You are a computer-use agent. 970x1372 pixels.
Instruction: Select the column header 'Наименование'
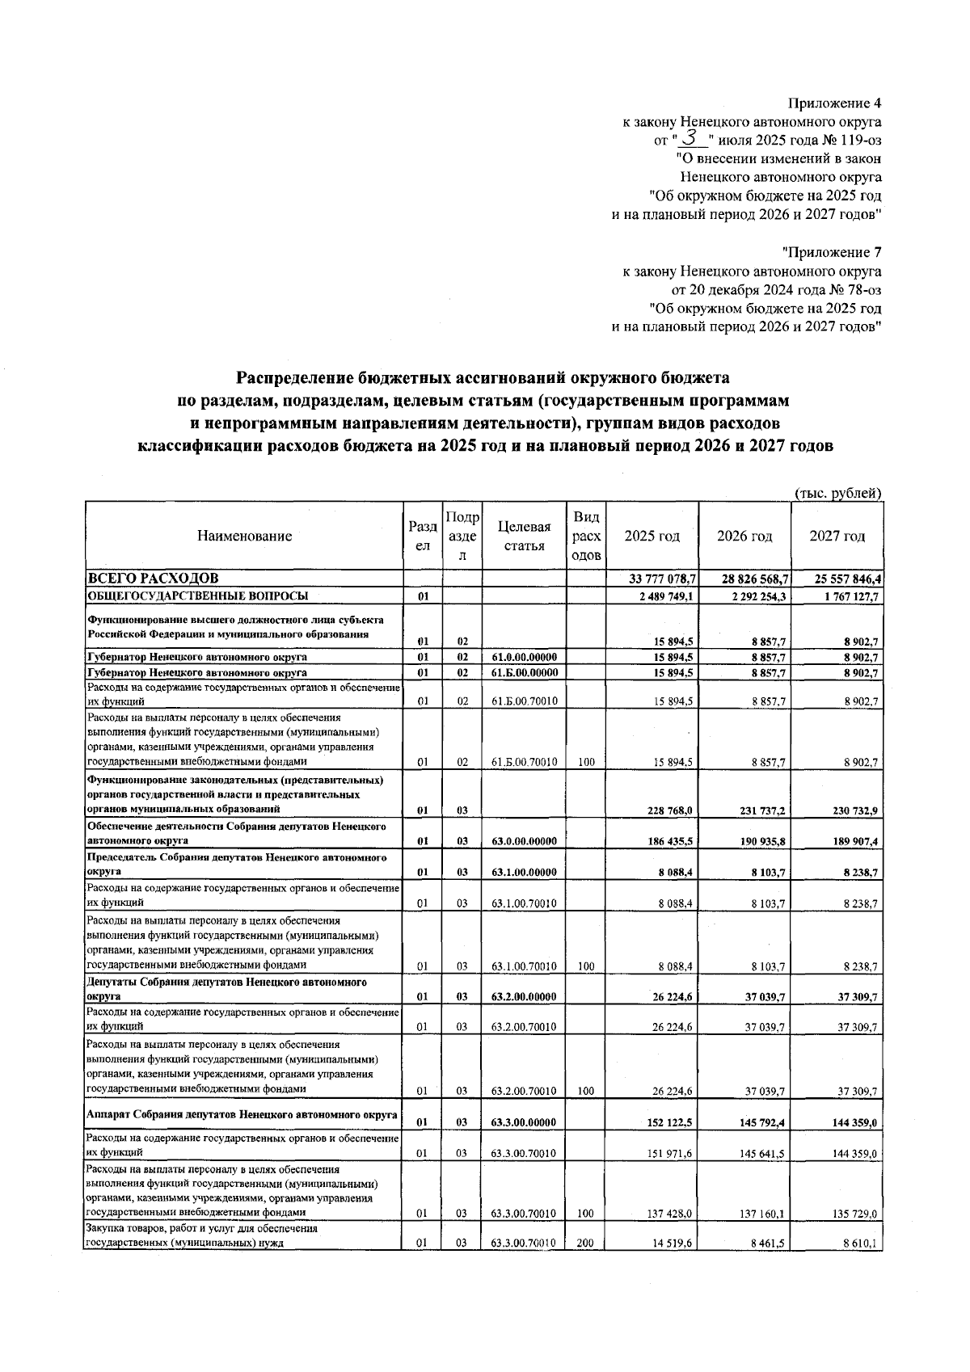[x=244, y=536]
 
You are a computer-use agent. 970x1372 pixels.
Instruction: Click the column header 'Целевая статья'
[x=524, y=536]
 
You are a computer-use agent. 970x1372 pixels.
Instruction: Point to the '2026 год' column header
[x=744, y=536]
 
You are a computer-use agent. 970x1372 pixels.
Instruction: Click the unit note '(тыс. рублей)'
[x=838, y=493]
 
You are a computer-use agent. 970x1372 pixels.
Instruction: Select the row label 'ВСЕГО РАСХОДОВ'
[x=153, y=579]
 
